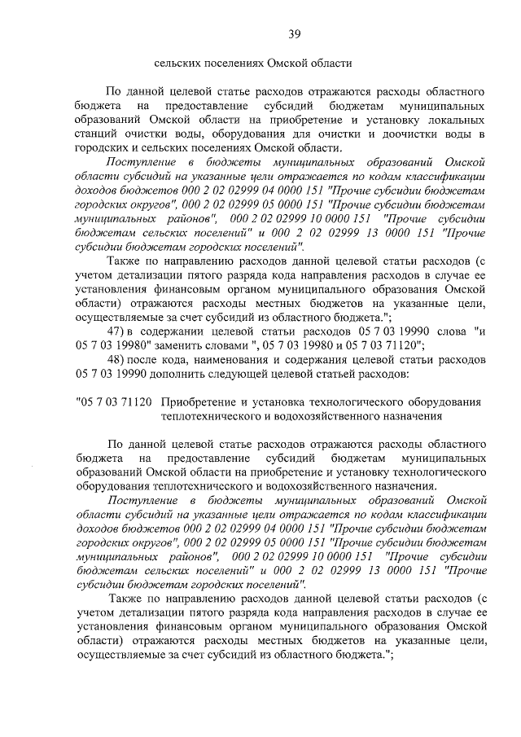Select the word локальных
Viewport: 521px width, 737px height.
pos(459,119)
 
